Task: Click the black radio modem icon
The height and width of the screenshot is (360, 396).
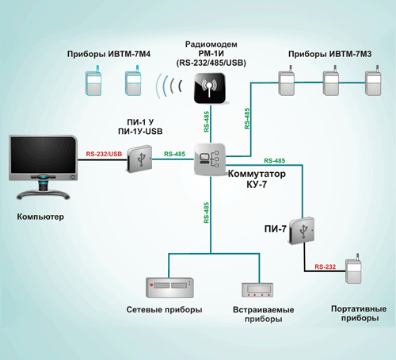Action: [210, 88]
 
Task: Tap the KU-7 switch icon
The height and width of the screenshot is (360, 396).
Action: [210, 159]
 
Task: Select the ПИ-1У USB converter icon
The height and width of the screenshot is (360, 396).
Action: [139, 159]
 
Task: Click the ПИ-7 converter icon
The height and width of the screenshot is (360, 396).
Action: [302, 231]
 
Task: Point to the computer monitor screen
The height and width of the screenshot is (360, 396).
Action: [43, 155]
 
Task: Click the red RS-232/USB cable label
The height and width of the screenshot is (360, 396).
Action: [104, 154]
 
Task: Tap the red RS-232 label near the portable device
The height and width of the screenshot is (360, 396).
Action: [326, 266]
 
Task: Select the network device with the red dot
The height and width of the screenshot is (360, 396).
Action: [169, 288]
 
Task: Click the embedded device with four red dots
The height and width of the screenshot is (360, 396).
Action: [257, 290]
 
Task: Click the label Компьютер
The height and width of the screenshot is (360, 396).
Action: [40, 216]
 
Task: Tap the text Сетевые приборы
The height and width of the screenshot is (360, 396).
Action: [164, 309]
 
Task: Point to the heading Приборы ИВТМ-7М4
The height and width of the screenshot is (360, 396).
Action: [109, 54]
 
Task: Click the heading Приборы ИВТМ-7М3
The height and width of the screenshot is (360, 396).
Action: [329, 54]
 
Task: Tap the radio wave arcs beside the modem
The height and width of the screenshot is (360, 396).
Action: [169, 86]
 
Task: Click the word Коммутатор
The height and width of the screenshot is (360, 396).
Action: [257, 174]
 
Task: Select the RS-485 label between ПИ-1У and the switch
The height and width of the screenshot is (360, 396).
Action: [174, 154]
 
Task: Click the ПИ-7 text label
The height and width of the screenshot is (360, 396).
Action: [276, 229]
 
